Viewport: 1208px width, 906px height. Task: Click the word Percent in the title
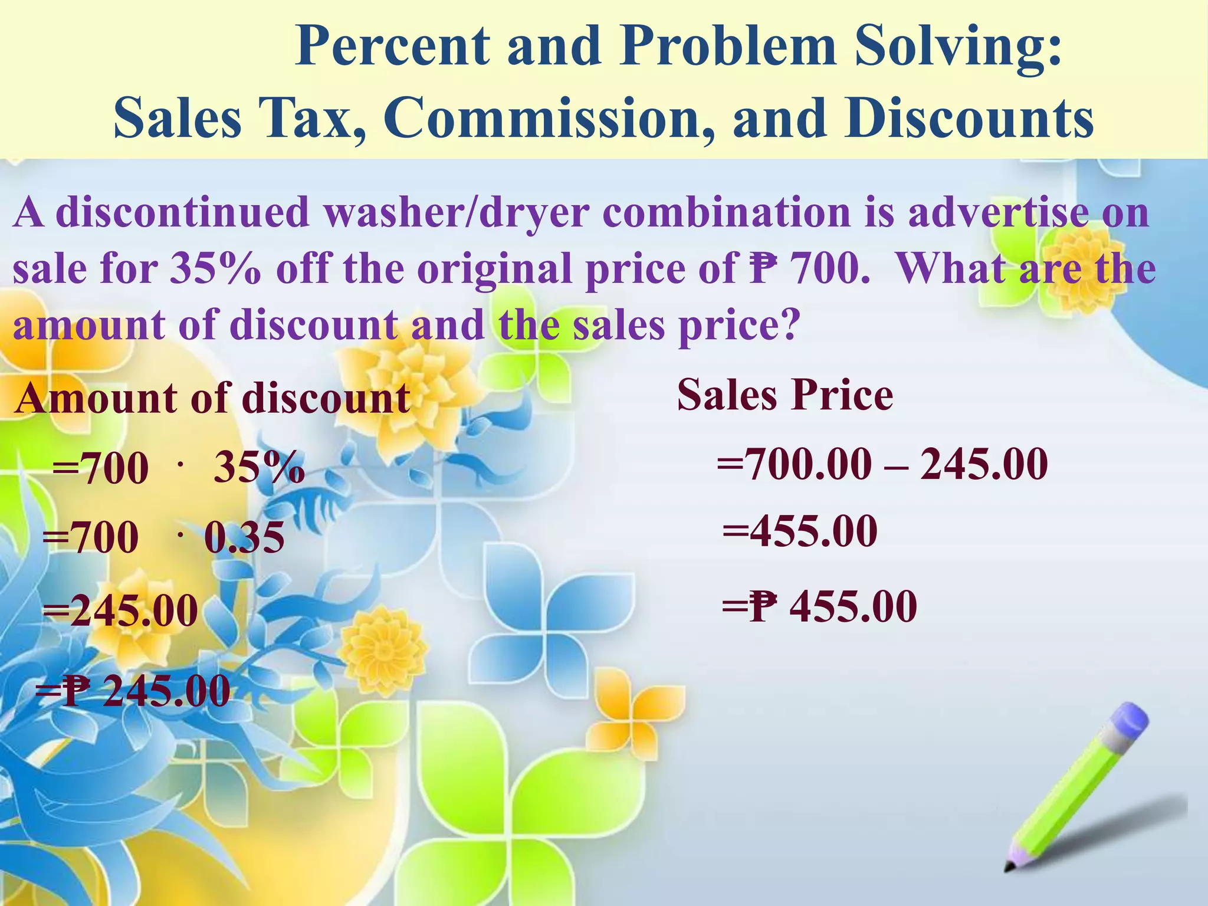coord(392,47)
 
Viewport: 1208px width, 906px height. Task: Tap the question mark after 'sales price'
coord(791,326)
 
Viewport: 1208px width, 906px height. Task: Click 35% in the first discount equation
coord(259,469)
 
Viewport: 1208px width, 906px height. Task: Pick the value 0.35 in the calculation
coord(244,538)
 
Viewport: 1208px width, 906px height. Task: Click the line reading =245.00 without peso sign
coord(120,611)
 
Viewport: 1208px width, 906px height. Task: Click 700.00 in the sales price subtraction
coord(808,464)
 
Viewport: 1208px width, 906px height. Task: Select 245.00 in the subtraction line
coord(983,464)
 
